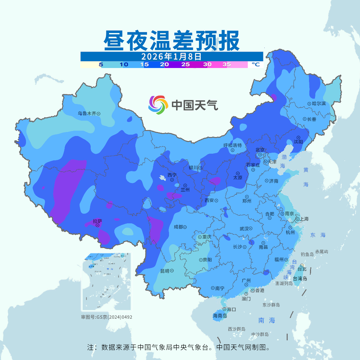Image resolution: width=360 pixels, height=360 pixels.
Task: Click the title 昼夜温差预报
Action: coord(172,41)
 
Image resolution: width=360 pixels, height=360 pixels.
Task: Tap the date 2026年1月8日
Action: coord(171,56)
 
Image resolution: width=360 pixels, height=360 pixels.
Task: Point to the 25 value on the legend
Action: coord(186,65)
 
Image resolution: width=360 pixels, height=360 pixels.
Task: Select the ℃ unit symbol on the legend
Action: coord(255,65)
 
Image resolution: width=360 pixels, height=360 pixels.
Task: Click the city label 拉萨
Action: coord(98,221)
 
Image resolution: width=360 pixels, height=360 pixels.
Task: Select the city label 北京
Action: coord(260,150)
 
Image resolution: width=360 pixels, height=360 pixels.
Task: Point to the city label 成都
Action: coord(178,227)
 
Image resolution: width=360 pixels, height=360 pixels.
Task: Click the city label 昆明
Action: coord(165,271)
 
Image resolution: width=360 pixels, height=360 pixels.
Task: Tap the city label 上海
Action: coord(304,219)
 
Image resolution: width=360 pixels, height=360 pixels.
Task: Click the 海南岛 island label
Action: coord(220,316)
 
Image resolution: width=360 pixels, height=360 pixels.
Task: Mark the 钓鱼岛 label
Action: coord(307,254)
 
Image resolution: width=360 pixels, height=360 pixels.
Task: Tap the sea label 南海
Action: coord(267,320)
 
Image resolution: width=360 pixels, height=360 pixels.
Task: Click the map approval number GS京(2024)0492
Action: coord(107,317)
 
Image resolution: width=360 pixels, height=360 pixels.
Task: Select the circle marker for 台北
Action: coord(302,265)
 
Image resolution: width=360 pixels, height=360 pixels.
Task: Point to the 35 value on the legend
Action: coord(227,65)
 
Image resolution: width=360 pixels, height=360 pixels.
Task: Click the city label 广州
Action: coord(246,281)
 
